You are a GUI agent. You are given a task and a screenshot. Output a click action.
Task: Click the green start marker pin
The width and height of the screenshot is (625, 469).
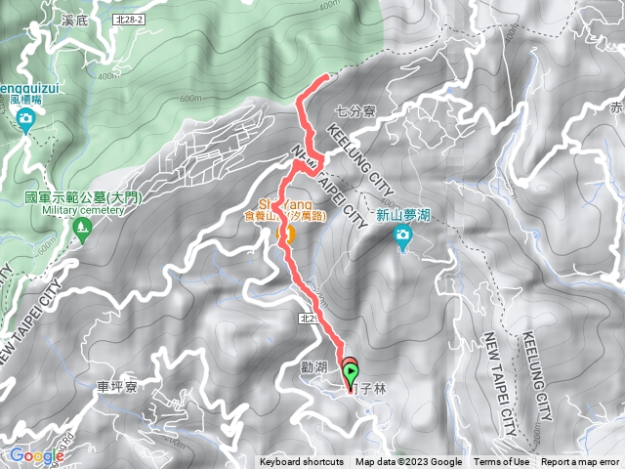click(x=352, y=372)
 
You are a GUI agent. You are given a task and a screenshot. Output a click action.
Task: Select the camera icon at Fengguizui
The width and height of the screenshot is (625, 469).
click(x=25, y=120)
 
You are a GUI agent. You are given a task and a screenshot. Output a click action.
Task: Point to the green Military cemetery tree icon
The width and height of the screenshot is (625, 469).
click(x=81, y=232)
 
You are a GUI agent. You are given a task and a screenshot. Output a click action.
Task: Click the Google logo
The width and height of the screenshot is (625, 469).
click(x=35, y=455)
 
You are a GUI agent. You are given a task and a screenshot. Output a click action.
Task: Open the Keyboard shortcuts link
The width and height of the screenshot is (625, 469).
click(x=302, y=462)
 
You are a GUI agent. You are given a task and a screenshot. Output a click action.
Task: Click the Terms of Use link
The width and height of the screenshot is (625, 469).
click(x=501, y=462)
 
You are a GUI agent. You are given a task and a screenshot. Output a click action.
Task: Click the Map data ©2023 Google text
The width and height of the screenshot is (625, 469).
click(x=408, y=462)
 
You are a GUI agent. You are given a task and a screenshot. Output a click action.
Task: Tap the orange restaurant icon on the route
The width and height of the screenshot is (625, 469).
click(x=287, y=235)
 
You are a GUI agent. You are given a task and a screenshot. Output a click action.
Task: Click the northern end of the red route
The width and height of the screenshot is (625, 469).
click(x=325, y=76)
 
